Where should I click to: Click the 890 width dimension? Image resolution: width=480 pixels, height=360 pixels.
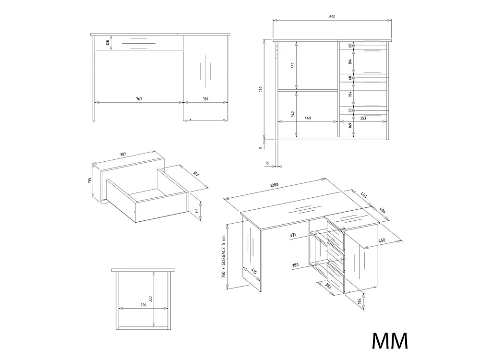332,17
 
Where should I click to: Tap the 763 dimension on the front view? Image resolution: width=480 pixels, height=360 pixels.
139,99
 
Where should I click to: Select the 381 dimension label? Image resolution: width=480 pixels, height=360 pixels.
205,99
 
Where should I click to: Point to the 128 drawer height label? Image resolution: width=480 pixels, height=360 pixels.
108,43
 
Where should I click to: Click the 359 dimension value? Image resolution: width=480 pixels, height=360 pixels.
293,65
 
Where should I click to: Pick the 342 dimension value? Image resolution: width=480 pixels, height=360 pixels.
293,114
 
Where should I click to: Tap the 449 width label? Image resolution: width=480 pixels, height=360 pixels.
308,118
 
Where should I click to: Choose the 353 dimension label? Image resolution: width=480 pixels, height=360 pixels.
363,118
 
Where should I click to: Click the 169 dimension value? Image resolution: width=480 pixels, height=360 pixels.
350,125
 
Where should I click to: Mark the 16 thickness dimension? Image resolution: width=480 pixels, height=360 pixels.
267,163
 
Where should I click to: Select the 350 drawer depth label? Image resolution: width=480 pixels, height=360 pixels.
196,174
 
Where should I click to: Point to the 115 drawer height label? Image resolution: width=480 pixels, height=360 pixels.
197,211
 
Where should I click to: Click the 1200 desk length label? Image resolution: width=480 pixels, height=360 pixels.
274,185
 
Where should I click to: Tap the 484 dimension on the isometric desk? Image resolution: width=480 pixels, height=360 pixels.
364,195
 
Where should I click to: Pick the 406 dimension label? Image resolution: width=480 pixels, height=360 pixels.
383,211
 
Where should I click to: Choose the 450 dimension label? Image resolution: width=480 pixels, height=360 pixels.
382,240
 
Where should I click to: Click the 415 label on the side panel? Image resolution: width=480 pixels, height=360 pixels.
254,271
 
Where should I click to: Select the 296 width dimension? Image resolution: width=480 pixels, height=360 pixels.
143,305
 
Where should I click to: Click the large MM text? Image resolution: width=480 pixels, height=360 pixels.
390,340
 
